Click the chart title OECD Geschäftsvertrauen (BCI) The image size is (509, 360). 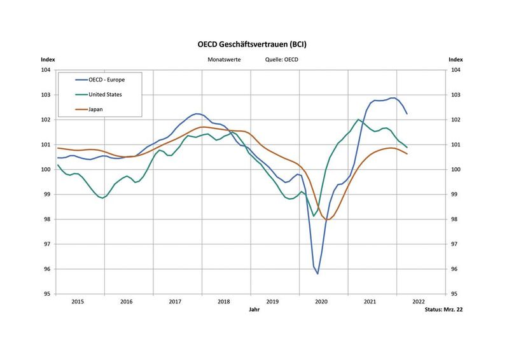point(254,45)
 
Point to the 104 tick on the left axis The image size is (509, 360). point(46,70)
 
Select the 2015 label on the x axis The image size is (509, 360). point(78,301)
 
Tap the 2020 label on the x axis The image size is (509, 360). point(321,301)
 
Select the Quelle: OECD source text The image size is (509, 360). point(281,59)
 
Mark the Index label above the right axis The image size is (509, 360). point(455,59)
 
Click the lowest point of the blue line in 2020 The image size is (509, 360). point(317,273)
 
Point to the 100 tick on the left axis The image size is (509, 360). point(46,169)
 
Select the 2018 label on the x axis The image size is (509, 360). point(224,301)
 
